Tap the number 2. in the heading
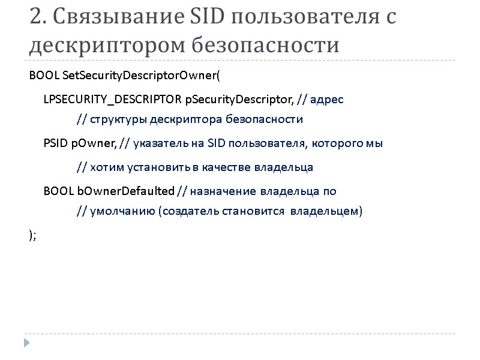38,17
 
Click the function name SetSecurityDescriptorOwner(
142,77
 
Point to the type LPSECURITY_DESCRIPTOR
112,98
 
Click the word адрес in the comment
328,98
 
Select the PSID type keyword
55,143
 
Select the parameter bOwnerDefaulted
125,191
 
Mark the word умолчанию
122,212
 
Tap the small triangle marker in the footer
26,342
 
